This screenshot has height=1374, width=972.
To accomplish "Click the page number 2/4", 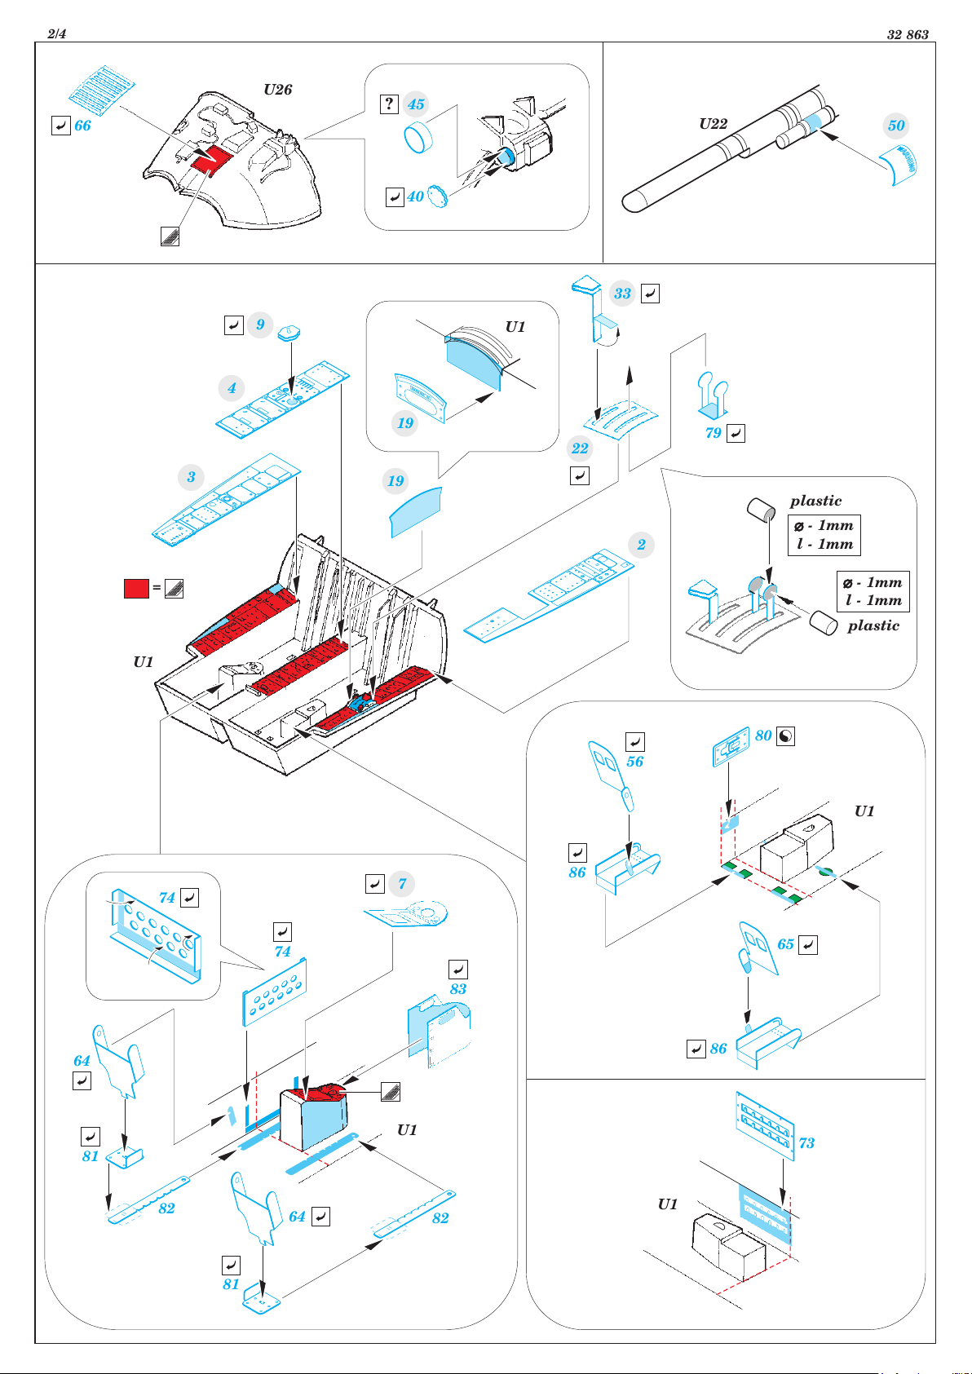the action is point(56,33).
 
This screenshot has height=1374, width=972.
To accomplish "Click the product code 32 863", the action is point(908,34).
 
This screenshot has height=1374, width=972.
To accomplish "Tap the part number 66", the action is point(83,126).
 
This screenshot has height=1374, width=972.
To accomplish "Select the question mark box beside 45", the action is point(389,104).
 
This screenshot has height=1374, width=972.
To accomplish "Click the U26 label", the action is point(277,90).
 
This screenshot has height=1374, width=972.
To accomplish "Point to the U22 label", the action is point(714,124).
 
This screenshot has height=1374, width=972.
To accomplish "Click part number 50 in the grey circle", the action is point(896,126).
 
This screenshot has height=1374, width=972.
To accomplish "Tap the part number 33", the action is point(622,294).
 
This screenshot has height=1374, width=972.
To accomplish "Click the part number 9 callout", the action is point(261,325).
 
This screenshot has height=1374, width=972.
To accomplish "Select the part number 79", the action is point(714,433).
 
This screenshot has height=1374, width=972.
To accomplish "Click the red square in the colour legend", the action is point(136,588).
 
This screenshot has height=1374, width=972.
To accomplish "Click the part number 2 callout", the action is point(642,545).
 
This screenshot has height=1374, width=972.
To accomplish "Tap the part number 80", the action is point(763,736).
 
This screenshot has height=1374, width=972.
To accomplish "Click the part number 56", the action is point(634,762).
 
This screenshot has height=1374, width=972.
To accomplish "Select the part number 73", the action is point(806,1143).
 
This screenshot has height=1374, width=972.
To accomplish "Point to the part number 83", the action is point(458,989).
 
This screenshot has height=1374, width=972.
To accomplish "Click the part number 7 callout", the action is point(402,884).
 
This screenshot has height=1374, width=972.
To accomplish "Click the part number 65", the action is point(785,944).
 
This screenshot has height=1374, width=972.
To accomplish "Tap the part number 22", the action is point(580,448).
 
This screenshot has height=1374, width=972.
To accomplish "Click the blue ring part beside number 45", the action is point(418,137).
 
